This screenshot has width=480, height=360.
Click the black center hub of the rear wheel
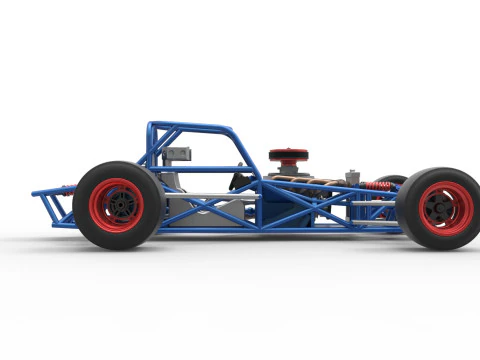121,205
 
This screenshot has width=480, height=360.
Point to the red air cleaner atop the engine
288,155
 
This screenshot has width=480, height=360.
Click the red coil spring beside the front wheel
377,187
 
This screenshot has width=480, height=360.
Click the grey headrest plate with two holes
178,154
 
